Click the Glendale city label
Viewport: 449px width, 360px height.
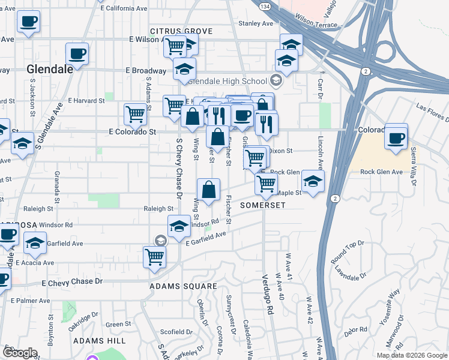pos(50,69)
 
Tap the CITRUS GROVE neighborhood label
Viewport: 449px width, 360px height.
pos(181,31)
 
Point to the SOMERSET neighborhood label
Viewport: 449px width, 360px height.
pos(262,205)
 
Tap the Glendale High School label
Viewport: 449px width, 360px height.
pos(228,81)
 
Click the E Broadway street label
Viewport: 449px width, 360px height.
pos(146,70)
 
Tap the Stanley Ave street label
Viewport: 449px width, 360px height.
pos(256,23)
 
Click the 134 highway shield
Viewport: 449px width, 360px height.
pos(265,5)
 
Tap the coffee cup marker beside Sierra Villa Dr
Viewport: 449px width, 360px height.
pos(396,137)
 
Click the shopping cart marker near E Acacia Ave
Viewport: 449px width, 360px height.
pos(154,257)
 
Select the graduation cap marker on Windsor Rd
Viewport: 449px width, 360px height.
pos(179,227)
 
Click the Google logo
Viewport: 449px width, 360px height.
pos(20,353)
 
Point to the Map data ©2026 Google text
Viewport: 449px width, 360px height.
pos(411,355)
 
